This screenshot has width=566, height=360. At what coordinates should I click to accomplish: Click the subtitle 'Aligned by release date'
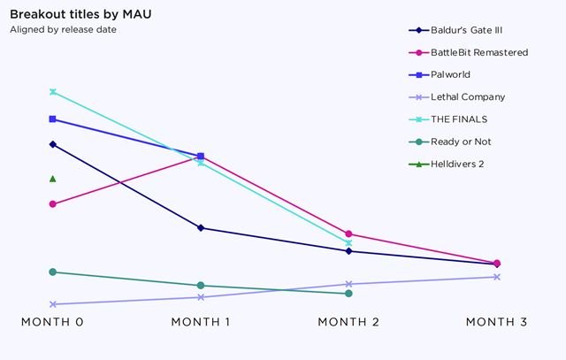click(63, 29)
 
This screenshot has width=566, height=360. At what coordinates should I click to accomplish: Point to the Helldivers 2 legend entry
click(457, 164)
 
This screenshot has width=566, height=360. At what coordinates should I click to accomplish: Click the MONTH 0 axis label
click(52, 322)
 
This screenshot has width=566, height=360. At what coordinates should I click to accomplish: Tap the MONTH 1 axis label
click(200, 322)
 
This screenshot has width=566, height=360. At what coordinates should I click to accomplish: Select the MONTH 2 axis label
click(348, 322)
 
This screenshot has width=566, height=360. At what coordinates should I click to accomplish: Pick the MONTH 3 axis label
click(496, 322)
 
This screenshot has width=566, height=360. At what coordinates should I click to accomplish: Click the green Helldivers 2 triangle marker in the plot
click(53, 179)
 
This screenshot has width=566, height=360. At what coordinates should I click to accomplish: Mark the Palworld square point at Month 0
click(53, 119)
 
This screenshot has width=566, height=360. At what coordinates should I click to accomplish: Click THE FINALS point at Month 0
click(53, 92)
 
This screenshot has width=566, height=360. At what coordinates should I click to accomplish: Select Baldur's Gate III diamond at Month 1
click(201, 228)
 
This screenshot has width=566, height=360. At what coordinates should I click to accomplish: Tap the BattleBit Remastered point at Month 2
click(348, 234)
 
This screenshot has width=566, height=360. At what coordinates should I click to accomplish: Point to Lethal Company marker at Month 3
click(497, 277)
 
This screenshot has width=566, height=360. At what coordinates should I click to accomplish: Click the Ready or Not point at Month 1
click(201, 286)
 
